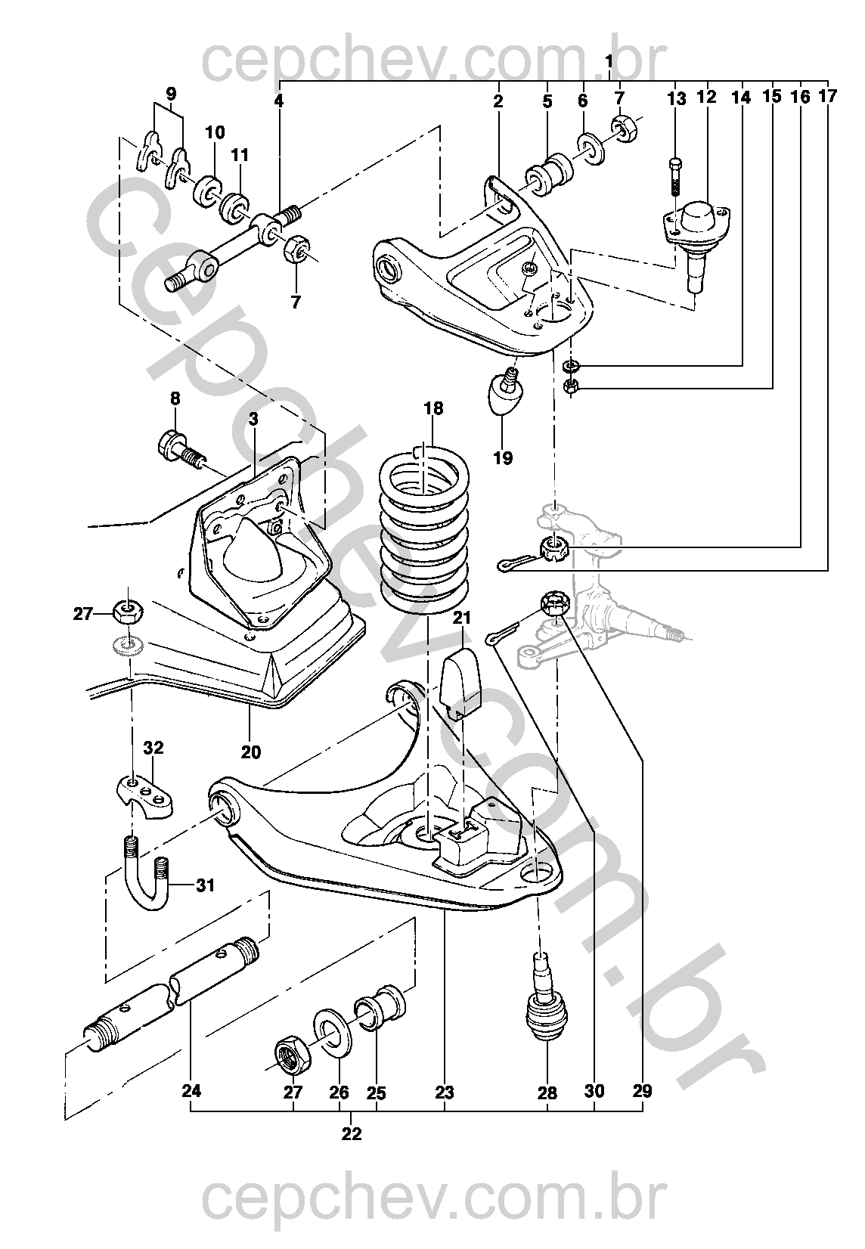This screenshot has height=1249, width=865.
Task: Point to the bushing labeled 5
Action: point(549,173)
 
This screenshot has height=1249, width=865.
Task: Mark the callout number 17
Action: point(828,96)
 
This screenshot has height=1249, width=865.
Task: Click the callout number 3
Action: point(253,419)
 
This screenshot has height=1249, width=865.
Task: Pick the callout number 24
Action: point(191,1091)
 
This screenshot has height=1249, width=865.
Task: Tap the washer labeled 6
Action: point(590,147)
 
